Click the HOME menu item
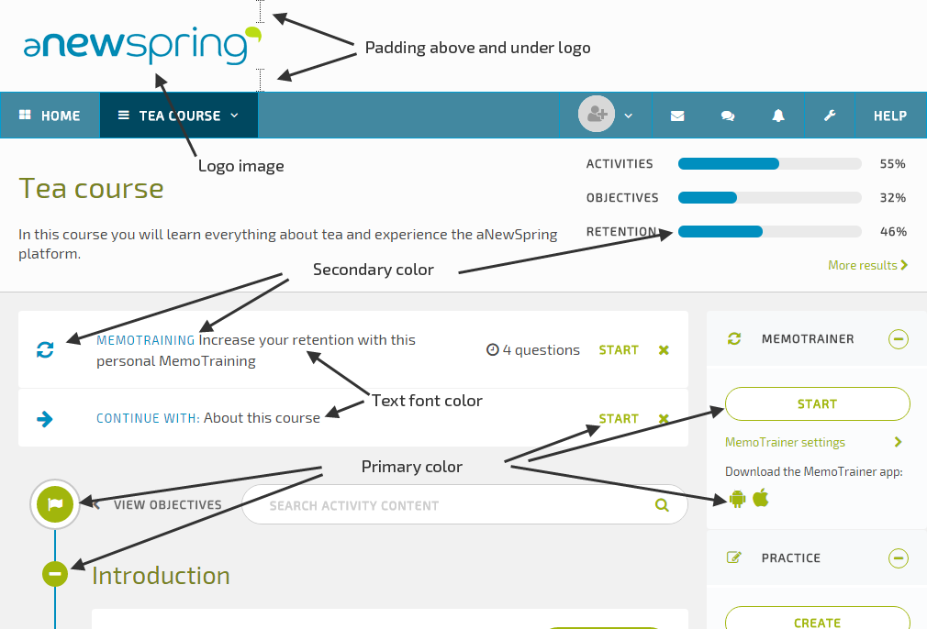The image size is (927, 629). pyautogui.click(x=50, y=116)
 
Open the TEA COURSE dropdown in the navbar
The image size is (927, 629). pyautogui.click(x=179, y=116)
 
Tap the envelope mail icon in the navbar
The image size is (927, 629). pyautogui.click(x=677, y=116)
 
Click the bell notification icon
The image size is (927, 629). pyautogui.click(x=778, y=116)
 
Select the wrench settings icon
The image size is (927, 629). pyautogui.click(x=830, y=116)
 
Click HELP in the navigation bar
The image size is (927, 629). pyautogui.click(x=889, y=116)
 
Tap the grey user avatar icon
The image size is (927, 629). pyautogui.click(x=597, y=115)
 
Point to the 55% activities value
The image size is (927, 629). pyautogui.click(x=892, y=164)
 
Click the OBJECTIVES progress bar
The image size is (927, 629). pyautogui.click(x=769, y=198)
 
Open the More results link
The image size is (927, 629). pyautogui.click(x=867, y=265)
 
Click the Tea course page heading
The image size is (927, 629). pyautogui.click(x=91, y=189)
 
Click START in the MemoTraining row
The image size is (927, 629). pyautogui.click(x=619, y=349)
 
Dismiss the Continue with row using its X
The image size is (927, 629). pyautogui.click(x=664, y=419)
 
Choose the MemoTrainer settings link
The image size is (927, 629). pyautogui.click(x=785, y=442)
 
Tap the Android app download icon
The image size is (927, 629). pyautogui.click(x=736, y=499)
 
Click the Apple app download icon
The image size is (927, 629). pyautogui.click(x=760, y=498)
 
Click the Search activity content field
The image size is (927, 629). pyautogui.click(x=450, y=505)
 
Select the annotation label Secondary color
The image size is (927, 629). pyautogui.click(x=373, y=270)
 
